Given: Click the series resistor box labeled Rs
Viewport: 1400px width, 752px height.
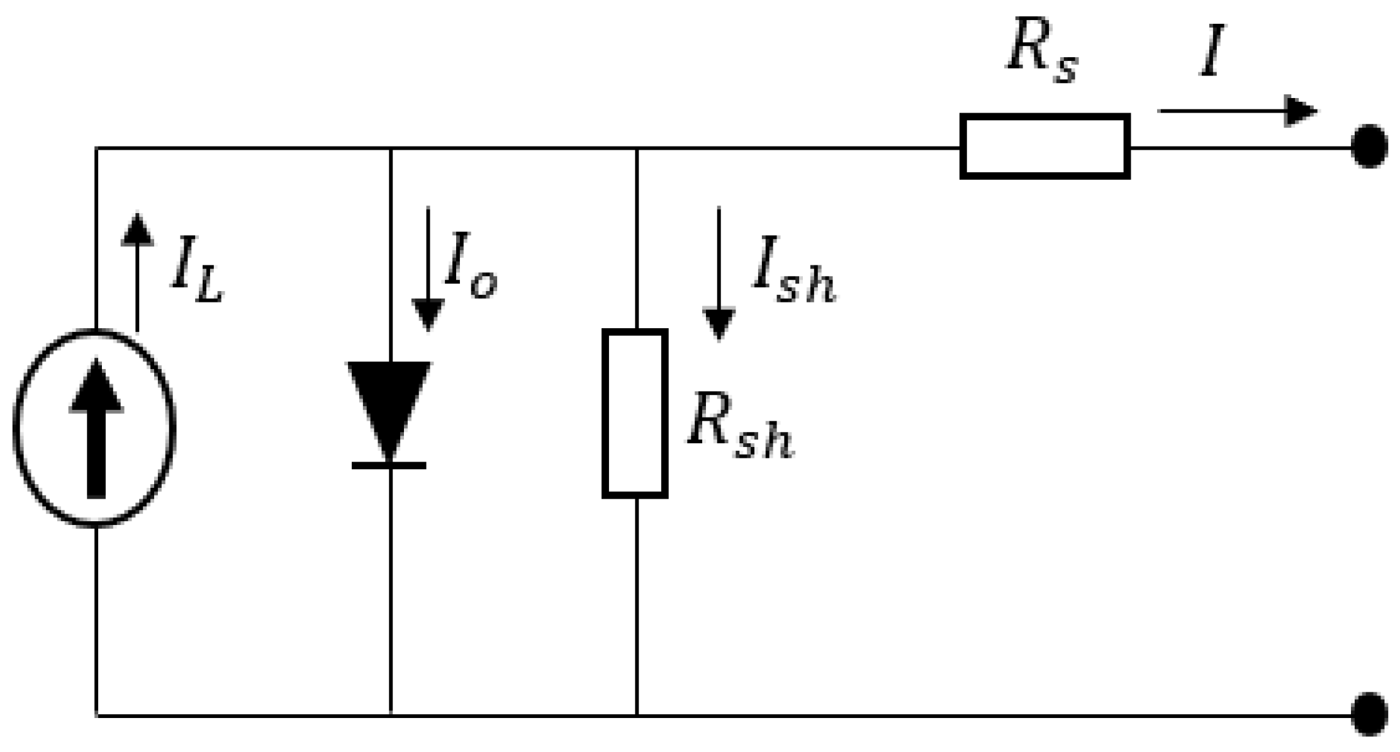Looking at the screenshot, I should point(1044,147).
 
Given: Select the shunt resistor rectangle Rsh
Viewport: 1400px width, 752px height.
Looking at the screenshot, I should point(635,413).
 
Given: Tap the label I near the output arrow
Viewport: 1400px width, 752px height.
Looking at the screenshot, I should point(1212,52).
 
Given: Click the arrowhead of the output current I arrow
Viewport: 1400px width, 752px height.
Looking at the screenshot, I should point(1300,111).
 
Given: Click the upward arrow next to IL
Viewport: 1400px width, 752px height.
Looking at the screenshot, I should point(137,270).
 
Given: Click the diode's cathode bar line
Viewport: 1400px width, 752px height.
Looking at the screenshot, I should point(389,465).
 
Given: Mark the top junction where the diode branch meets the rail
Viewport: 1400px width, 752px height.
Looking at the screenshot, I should point(391,148).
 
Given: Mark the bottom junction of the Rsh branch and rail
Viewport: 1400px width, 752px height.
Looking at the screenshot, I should point(637,716).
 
